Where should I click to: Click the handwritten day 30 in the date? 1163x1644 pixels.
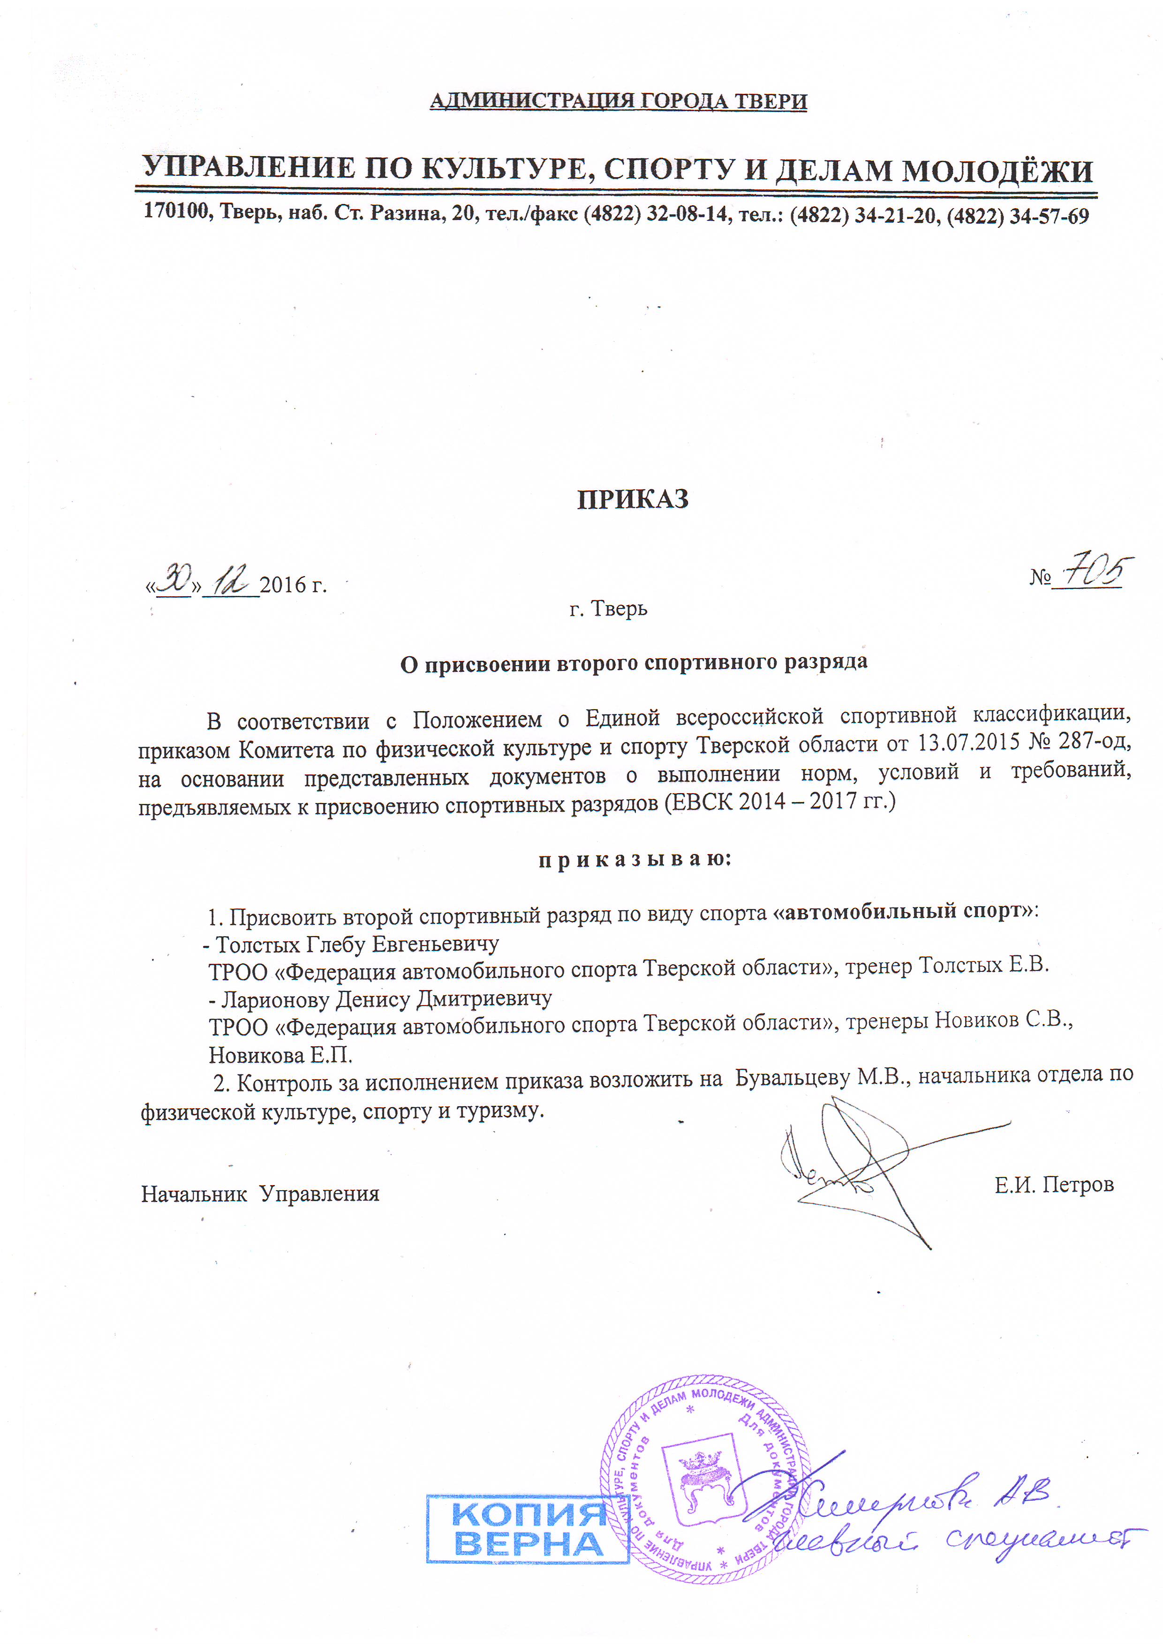[x=174, y=578]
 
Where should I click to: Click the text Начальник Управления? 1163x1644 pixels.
[x=260, y=1194]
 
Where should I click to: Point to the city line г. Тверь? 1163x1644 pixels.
[x=608, y=608]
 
